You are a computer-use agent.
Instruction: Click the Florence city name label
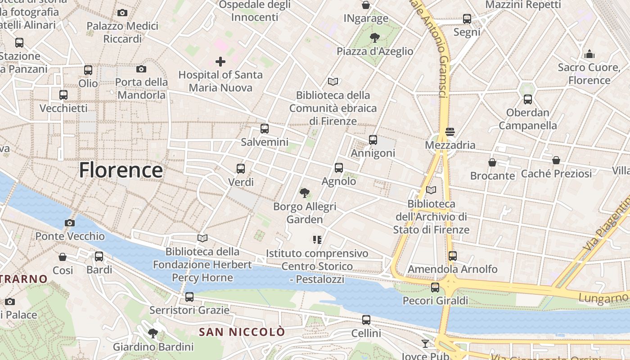(121, 171)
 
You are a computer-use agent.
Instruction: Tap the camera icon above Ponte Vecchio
(70, 223)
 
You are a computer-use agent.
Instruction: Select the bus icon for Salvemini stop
(265, 129)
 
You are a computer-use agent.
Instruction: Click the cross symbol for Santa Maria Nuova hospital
(220, 61)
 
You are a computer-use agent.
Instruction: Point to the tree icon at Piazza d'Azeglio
(374, 38)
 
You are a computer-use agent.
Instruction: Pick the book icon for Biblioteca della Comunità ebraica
(333, 81)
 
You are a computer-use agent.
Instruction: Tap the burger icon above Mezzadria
(450, 132)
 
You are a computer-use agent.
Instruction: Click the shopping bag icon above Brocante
(492, 162)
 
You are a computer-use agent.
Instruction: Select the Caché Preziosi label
(556, 173)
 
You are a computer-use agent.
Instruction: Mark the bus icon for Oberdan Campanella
(528, 99)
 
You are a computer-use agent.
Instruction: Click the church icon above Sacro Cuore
(589, 54)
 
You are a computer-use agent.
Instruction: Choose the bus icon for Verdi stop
(241, 169)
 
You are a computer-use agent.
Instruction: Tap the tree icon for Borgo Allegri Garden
(305, 193)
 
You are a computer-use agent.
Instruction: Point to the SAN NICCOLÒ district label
(242, 332)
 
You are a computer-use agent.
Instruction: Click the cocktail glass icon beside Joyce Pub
(425, 344)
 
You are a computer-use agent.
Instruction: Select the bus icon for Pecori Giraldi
(435, 287)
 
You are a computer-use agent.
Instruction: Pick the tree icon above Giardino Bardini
(153, 333)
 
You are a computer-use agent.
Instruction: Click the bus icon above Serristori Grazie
(189, 297)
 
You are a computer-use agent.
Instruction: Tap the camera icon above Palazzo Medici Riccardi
(122, 13)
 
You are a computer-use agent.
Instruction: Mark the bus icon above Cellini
(366, 320)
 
